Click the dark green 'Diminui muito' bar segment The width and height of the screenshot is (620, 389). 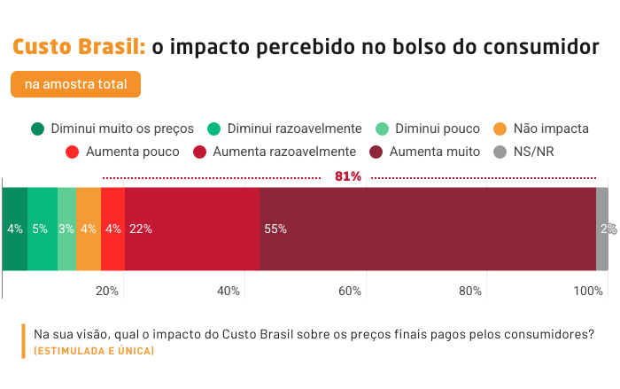tap(15, 230)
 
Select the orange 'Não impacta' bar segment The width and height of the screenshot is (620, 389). tap(89, 230)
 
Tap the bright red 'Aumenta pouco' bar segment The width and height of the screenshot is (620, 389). tap(113, 230)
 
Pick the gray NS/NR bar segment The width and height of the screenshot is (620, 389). tap(602, 230)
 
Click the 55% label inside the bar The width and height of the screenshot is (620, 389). tap(275, 229)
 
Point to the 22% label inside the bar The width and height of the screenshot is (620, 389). tap(141, 229)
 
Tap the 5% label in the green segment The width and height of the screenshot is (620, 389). tap(40, 229)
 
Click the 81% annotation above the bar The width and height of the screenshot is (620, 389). tap(348, 176)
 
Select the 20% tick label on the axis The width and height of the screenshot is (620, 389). tap(107, 291)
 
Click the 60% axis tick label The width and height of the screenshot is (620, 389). tap(350, 291)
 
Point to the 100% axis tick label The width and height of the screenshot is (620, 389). tap(588, 291)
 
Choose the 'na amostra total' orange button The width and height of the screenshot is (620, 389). tap(75, 84)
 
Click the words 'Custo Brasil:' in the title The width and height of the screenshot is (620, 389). tap(79, 47)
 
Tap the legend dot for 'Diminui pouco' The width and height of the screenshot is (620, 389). tap(382, 128)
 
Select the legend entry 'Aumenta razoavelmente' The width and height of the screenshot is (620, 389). tap(275, 152)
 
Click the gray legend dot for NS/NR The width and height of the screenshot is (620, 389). tap(500, 152)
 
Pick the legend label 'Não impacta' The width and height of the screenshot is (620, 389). tap(551, 128)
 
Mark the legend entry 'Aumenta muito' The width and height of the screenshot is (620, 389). tap(424, 152)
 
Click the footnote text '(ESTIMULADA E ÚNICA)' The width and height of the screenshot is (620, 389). tap(94, 351)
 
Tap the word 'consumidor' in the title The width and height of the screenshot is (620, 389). tap(541, 47)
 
